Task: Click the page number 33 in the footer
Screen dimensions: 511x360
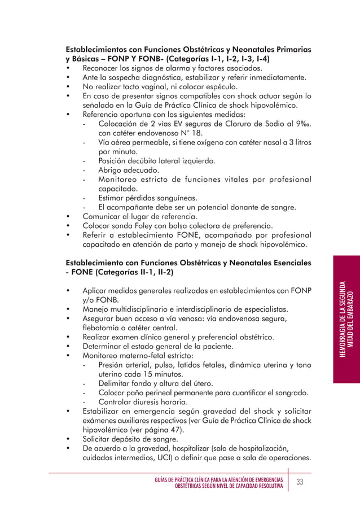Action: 300,482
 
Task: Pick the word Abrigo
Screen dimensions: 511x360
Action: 111,170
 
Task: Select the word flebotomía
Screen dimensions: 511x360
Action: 104,328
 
